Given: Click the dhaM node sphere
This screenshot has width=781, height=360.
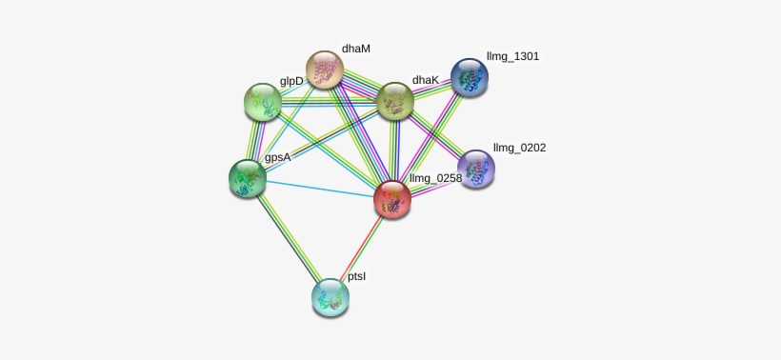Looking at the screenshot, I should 325,70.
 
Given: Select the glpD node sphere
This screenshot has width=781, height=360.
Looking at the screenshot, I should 263,101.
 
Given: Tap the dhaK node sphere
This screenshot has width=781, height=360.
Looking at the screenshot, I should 395,100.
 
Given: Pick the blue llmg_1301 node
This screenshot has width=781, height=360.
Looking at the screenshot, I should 469,77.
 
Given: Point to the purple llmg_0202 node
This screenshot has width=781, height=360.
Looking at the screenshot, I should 475,170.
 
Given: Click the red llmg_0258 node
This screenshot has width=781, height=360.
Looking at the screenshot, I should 391,199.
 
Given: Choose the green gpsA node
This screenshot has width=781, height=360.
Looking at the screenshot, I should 248,178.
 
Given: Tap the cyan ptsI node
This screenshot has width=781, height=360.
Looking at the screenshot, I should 330,297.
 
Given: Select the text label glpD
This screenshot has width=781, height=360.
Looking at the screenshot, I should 291,81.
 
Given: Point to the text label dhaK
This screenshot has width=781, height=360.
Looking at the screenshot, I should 425,80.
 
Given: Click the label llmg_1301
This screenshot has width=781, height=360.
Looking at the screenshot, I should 512,56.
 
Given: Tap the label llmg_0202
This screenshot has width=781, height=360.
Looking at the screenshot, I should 519,148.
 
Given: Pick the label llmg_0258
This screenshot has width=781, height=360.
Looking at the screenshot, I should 435,178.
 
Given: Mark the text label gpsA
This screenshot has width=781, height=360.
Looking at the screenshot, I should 277,158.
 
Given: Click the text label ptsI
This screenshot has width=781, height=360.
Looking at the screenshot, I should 356,277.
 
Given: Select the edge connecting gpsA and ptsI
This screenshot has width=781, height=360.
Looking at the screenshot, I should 289,237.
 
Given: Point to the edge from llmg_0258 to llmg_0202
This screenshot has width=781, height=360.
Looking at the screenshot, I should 433,185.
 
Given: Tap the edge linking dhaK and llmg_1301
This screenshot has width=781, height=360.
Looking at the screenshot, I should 432,89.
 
